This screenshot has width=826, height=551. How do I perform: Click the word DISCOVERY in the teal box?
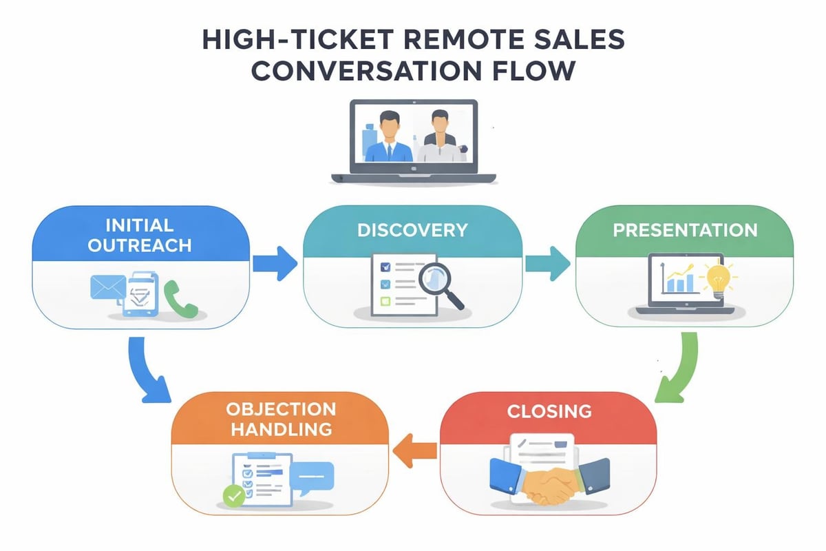click(412, 231)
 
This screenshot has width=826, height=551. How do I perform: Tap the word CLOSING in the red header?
click(549, 411)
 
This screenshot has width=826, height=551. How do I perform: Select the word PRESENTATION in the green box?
click(685, 229)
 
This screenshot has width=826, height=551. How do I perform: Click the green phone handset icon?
click(180, 301)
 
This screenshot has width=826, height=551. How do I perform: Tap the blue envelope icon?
click(107, 287)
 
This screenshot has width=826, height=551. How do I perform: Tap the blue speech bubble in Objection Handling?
click(311, 477)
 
